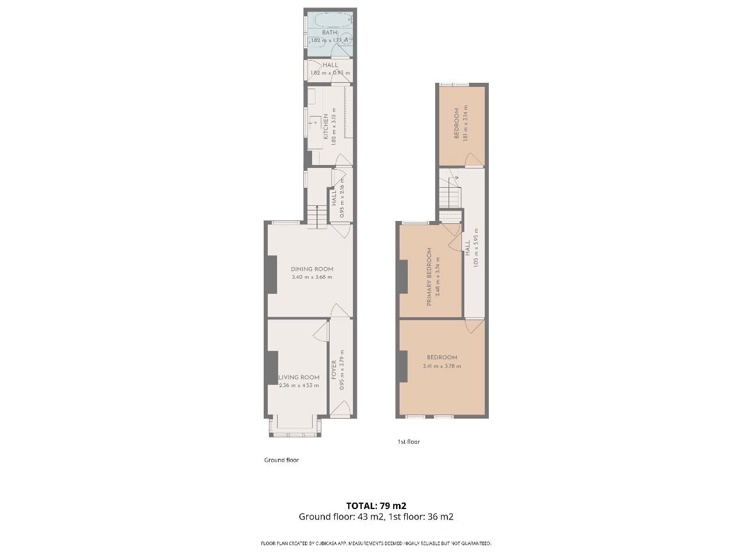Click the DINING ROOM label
pos(312,269)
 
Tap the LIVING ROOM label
pos(299,377)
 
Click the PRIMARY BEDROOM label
pos(430,277)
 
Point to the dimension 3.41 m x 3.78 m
pos(442,366)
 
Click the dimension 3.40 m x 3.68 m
pos(312,277)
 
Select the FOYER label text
pos(334,370)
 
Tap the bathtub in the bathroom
pos(331,20)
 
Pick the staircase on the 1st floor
pos(450,192)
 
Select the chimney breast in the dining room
pos(271,275)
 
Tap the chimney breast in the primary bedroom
pos(402,276)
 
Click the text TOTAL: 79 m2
pos(376,506)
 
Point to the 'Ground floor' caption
pos(281,460)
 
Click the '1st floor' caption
pos(408,442)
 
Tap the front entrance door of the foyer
pos(340,410)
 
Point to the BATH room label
pos(330,33)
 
